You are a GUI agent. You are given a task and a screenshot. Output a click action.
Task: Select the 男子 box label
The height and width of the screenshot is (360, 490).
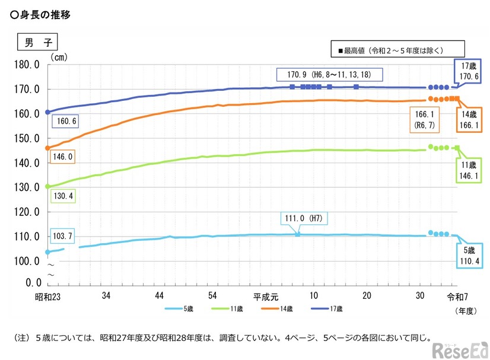coord(36,43)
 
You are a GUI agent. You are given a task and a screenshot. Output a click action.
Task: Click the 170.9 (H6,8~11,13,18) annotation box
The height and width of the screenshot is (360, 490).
coord(329,75)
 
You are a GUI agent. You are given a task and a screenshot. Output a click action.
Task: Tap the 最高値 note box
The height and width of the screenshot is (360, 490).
coord(397,50)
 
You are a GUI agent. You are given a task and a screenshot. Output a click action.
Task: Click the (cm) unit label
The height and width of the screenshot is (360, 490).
coord(59,57)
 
